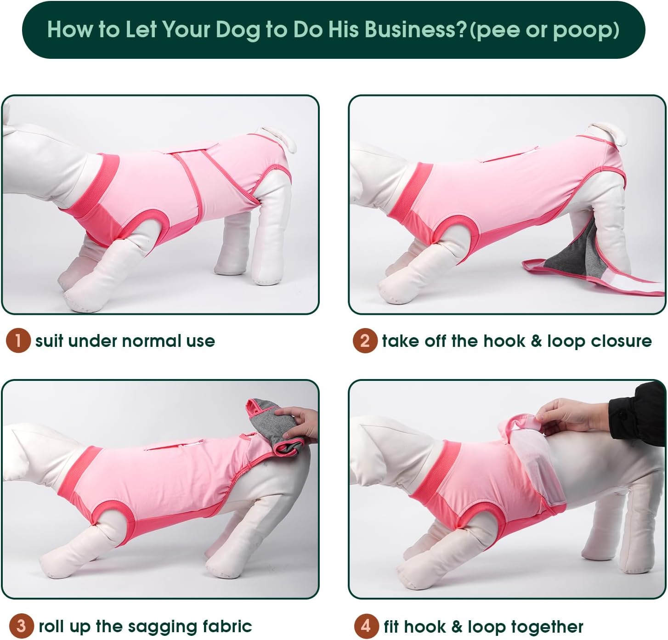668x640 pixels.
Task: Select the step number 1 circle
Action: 18,340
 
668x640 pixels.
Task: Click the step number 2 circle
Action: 365,340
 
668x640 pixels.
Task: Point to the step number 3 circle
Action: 21,626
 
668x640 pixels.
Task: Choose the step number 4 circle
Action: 366,626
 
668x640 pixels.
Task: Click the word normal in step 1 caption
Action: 152,341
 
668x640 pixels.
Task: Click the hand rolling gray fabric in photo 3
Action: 298,424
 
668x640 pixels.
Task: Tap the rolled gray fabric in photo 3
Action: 273,426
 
